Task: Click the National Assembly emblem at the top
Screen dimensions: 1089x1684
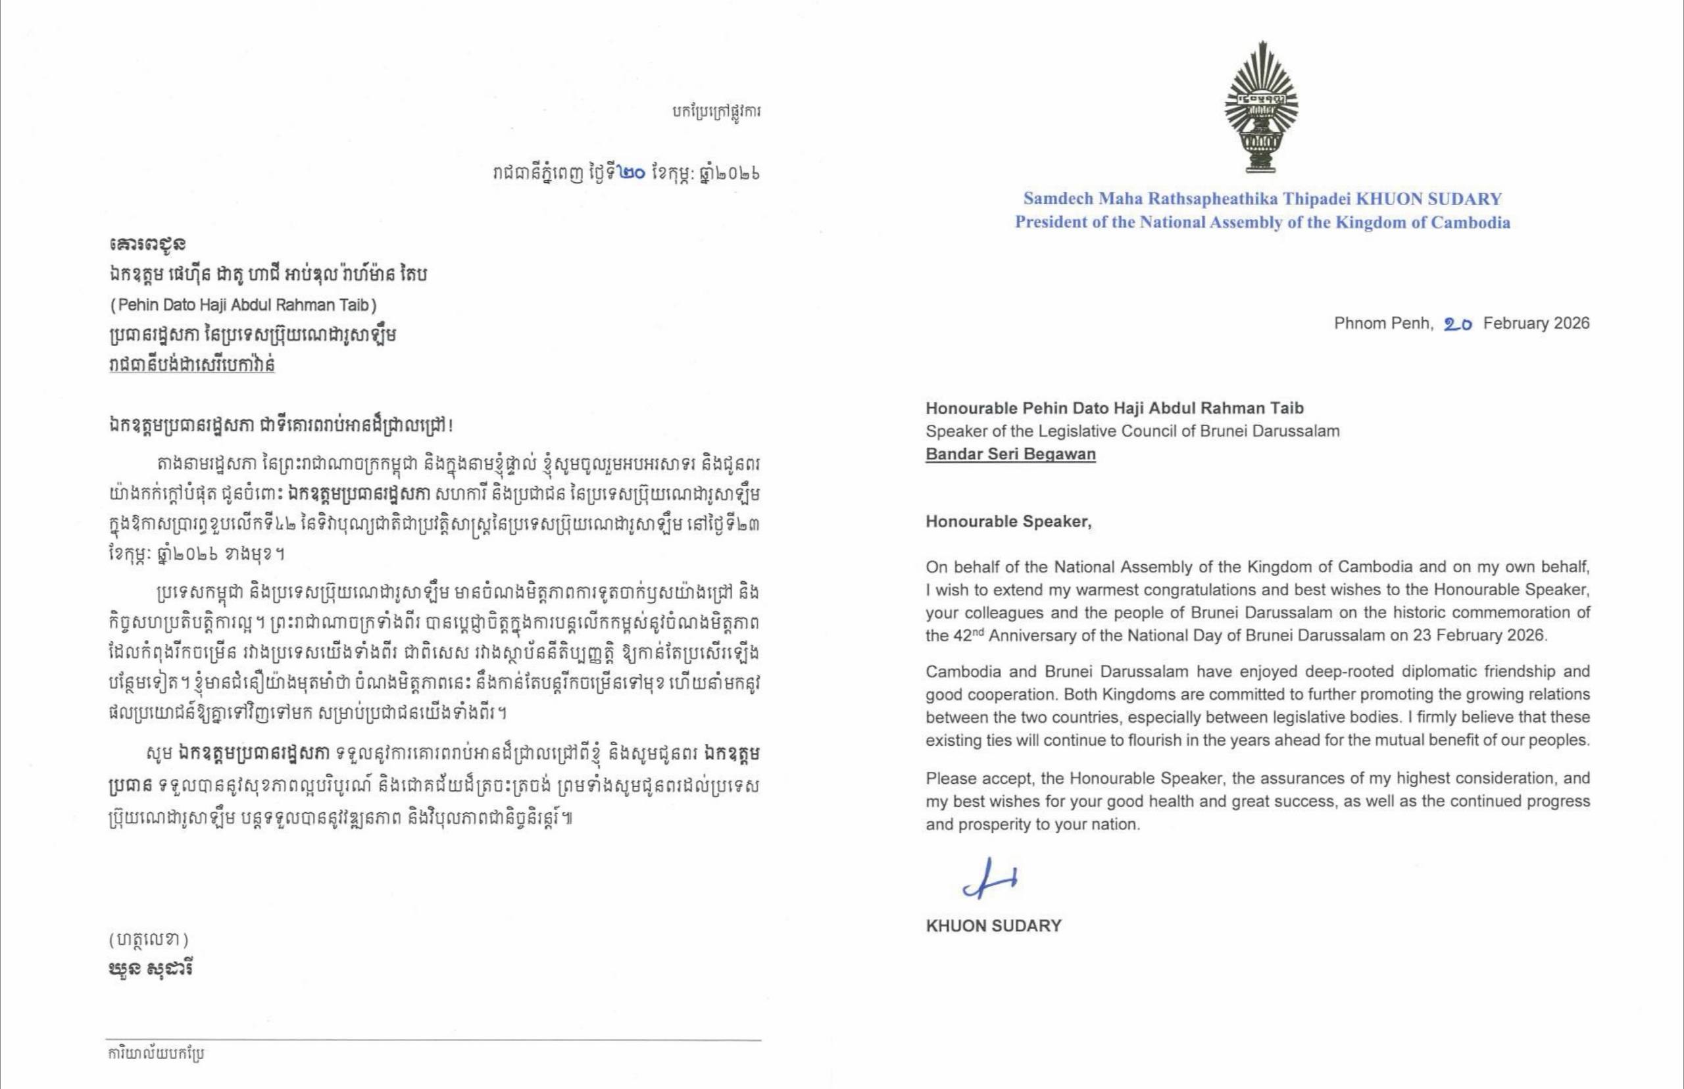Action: [1262, 107]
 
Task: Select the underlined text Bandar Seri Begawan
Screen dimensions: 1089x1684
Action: [1010, 454]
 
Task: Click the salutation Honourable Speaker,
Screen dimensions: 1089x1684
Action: [1008, 522]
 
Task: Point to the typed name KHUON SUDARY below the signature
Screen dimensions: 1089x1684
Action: [993, 926]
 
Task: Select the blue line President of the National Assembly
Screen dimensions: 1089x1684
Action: [1262, 223]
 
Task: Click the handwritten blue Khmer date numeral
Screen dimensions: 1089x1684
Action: [631, 173]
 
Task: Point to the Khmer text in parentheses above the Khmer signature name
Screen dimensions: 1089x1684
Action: [149, 939]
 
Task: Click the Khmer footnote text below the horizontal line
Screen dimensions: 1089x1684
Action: [157, 1053]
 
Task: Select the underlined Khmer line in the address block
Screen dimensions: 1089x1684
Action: [191, 365]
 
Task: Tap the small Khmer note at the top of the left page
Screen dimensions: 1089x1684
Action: [716, 112]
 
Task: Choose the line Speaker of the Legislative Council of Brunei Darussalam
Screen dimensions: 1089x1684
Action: [1132, 431]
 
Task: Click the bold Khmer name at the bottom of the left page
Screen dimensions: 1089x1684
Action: [151, 968]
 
